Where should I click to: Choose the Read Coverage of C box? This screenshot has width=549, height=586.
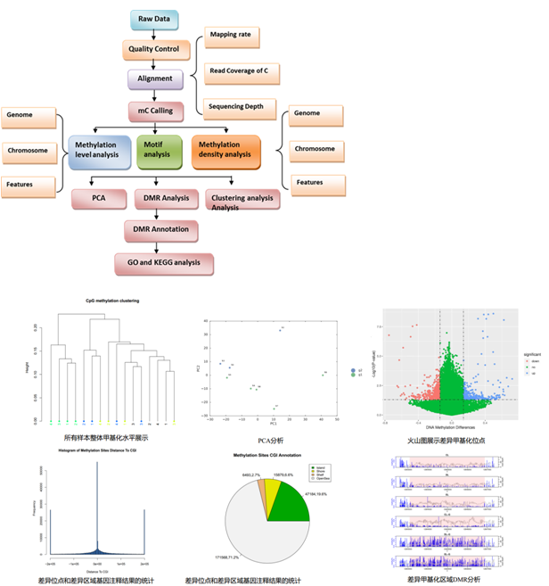click(x=240, y=71)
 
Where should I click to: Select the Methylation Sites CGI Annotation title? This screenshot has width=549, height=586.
click(x=269, y=455)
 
